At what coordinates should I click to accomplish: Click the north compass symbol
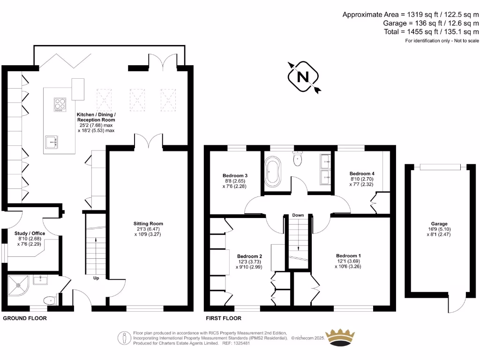click(303, 76)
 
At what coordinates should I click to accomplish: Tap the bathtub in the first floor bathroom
click(273, 172)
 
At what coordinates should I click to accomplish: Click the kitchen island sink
click(52, 141)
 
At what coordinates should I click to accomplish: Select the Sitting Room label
click(148, 224)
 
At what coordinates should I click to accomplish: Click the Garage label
click(439, 224)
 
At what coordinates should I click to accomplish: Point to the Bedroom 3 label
click(234, 176)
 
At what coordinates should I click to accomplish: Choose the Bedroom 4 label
click(362, 173)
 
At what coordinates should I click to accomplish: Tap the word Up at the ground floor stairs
click(97, 278)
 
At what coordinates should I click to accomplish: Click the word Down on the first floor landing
click(298, 215)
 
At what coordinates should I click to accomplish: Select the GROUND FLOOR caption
click(25, 318)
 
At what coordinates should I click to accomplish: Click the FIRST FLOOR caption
click(224, 318)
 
